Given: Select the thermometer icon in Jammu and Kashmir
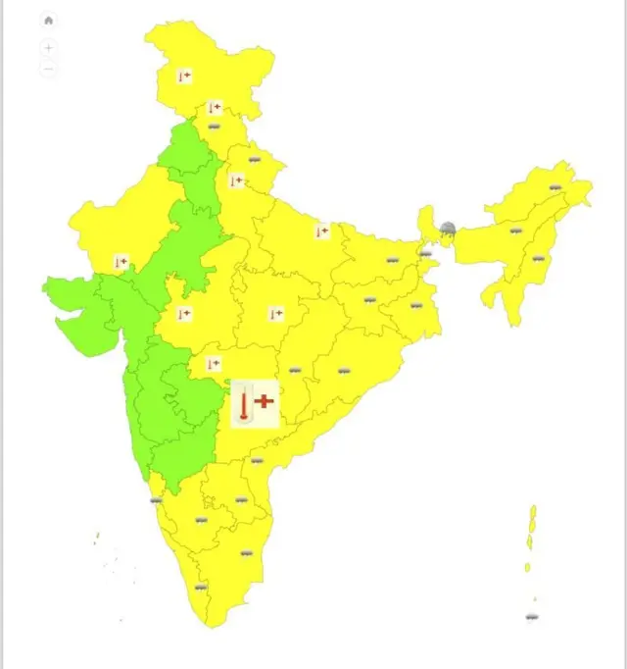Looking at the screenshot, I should (184, 76).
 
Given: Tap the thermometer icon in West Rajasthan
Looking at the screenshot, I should (121, 262).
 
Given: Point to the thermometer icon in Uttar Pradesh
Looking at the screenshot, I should (321, 232).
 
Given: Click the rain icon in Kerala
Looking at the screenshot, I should (201, 588).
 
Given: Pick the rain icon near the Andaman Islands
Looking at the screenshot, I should (532, 617).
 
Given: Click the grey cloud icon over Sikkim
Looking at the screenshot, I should (448, 229).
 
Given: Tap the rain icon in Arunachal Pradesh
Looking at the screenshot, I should (555, 187).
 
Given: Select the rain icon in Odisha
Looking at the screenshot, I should (344, 371).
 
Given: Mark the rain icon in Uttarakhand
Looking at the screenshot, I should (255, 158).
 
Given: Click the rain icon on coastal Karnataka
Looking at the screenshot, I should (156, 500).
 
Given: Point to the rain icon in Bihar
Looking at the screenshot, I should (392, 261).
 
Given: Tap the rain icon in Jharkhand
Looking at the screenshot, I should (370, 299).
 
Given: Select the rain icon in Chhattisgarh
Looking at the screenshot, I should (295, 371).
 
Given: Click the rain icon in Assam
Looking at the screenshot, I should (515, 232).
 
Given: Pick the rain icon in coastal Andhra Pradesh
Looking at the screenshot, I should (257, 460).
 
